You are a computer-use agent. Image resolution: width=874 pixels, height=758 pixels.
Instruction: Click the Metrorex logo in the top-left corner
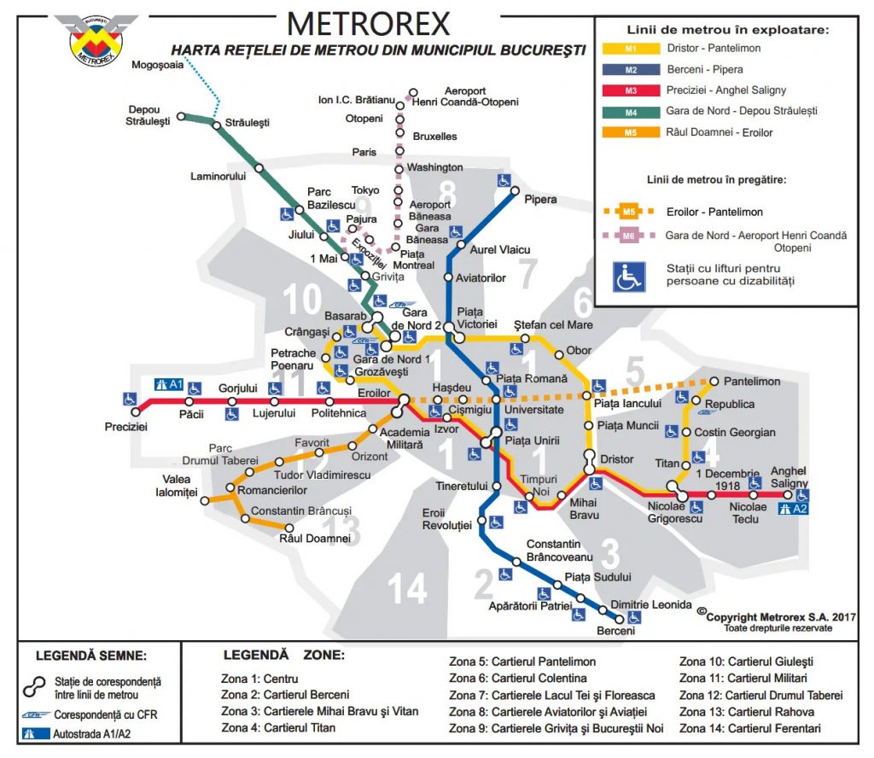95,38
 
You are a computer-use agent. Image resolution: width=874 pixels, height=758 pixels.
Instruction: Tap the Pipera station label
539,200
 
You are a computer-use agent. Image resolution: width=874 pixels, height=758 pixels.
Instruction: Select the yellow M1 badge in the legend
630,49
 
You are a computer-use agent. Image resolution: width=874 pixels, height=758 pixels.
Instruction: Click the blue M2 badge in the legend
630,70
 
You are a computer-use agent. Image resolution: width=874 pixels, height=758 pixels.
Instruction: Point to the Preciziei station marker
135,412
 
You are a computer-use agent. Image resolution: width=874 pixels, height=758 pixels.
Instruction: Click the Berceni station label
616,631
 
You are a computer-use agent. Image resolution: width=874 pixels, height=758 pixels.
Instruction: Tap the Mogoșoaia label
158,66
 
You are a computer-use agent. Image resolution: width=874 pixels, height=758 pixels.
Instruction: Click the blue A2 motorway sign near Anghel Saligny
795,510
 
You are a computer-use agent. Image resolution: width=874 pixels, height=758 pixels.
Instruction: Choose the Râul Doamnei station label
315,539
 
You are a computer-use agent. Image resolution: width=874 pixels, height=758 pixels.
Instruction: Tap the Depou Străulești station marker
181,116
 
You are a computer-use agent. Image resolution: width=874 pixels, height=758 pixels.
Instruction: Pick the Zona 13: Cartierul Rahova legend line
746,712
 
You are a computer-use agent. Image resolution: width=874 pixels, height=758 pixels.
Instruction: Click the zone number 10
303,300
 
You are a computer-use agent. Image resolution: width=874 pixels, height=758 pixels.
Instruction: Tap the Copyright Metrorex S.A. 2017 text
767,616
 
